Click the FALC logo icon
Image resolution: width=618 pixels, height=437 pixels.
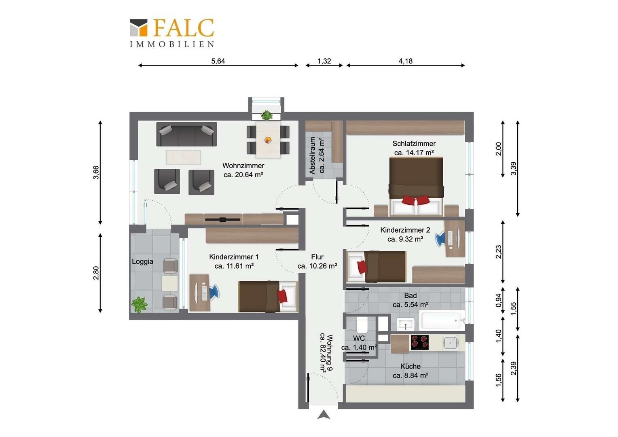(x=138, y=28)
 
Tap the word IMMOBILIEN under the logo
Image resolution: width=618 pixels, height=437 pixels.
(x=172, y=44)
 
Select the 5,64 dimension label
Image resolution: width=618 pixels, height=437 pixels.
(x=218, y=61)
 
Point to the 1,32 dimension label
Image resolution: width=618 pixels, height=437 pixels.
(x=324, y=61)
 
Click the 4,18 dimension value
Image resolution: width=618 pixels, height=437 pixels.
(x=406, y=61)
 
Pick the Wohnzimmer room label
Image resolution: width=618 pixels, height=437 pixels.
(x=243, y=165)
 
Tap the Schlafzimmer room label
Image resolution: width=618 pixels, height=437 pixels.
(x=414, y=144)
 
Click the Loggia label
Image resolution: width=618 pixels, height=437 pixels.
(x=142, y=261)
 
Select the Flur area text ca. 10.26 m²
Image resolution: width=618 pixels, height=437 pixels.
(x=317, y=266)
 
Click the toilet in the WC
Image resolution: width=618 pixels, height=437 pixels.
(x=362, y=325)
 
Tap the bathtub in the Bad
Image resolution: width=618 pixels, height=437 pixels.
(x=442, y=320)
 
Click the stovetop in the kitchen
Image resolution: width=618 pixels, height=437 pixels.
(x=420, y=343)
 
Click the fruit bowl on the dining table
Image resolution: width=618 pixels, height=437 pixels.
(x=268, y=140)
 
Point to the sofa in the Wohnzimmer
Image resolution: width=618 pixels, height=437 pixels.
(x=186, y=134)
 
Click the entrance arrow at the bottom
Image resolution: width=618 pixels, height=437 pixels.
(x=324, y=415)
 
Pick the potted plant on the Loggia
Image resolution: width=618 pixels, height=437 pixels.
(x=139, y=305)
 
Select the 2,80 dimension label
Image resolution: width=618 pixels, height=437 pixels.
(x=96, y=273)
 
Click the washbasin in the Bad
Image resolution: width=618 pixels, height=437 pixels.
(x=406, y=324)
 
